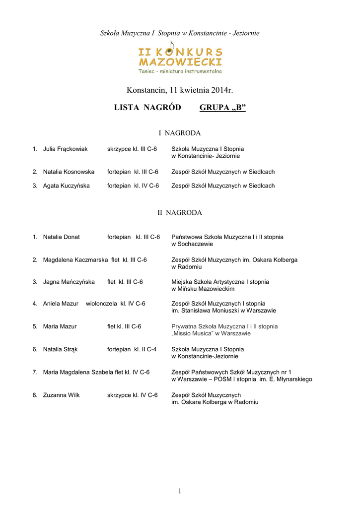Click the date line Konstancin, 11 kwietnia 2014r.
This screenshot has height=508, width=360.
coord(180,90)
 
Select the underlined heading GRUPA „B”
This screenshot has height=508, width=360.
coord(222,108)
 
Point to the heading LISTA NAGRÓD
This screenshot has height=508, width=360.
coord(147,108)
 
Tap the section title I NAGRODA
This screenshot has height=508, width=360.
coord(179,133)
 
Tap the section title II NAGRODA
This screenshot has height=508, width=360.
coord(179,212)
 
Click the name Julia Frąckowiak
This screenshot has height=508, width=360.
coord(65,149)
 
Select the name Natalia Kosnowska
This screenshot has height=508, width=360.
coord(69,172)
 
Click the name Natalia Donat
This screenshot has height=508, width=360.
coord(61,237)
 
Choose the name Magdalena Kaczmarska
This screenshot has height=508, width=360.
coord(75,259)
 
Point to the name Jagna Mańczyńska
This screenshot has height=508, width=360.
coord(69,282)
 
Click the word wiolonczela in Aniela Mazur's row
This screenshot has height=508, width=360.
coord(101,304)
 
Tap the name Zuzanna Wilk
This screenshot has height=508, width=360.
coord(61,395)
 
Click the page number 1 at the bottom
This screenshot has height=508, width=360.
coord(180,491)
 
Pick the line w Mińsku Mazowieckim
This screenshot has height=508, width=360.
coord(203,289)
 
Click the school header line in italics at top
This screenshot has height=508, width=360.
coord(180,33)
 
